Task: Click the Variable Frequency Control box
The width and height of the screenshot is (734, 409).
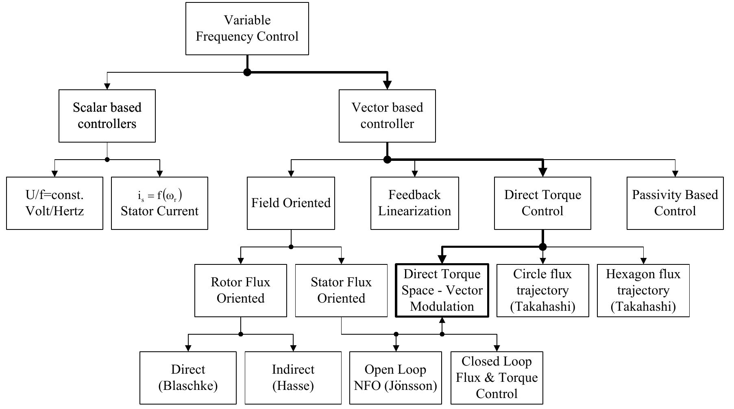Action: pos(247,28)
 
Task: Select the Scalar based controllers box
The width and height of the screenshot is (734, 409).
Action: pos(107,116)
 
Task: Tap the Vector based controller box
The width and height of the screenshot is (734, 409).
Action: pos(387,116)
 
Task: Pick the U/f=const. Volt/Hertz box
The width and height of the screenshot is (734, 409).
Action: pos(54,203)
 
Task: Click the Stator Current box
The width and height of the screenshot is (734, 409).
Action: pos(159,203)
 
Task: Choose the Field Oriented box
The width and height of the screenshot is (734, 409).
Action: pos(291,203)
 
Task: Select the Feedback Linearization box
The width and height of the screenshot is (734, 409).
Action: pos(414,203)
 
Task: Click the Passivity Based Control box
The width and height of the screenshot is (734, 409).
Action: pos(675,203)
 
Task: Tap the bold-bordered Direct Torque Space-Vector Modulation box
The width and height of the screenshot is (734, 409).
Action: pos(442,290)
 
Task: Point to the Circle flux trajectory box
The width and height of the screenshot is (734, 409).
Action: pos(542,290)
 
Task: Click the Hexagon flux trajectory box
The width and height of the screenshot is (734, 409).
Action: pos(643,290)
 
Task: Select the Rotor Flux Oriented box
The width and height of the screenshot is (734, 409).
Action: pos(240,290)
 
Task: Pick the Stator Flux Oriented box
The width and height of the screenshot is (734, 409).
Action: pos(341,290)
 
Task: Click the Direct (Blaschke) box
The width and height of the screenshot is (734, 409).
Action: pos(188,378)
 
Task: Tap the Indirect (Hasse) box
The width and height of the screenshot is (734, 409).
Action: pos(293,378)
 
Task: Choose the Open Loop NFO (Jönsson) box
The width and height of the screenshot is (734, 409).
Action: pos(395,378)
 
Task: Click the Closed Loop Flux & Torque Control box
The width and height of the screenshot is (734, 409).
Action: pos(497,378)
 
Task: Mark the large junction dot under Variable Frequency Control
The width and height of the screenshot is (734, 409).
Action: pos(247,72)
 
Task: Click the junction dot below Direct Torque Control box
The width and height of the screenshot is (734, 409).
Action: pos(542,247)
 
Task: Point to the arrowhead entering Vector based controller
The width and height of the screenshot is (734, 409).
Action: pos(387,85)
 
